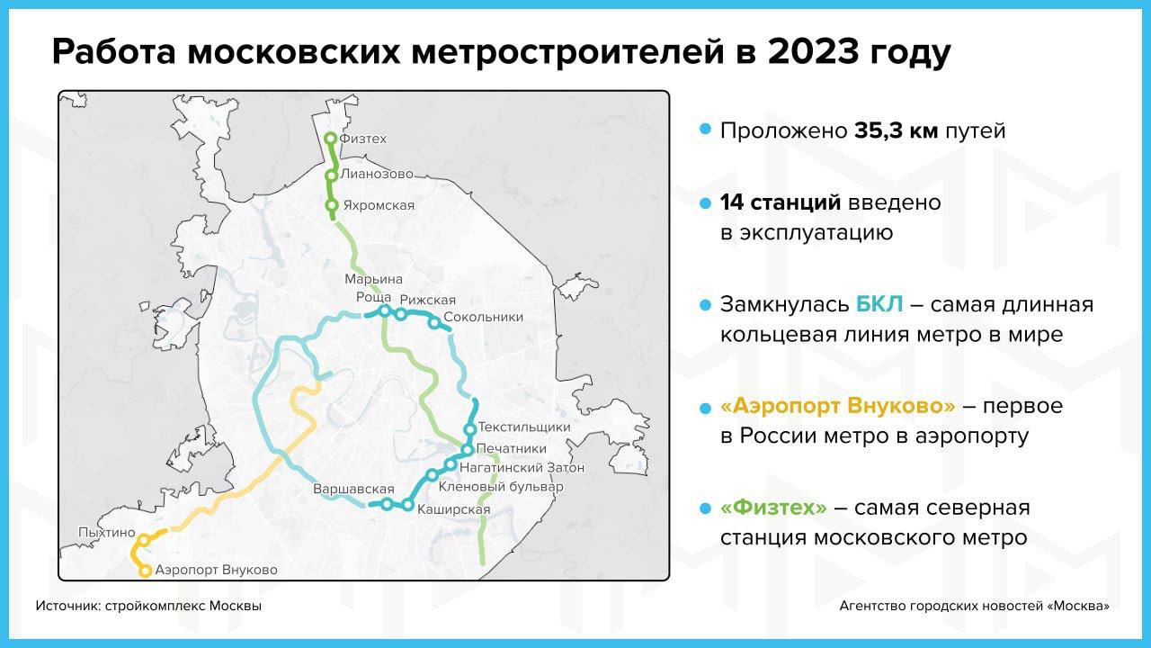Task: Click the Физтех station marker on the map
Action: [331, 139]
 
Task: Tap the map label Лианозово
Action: [377, 174]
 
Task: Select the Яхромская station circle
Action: [332, 205]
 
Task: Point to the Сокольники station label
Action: [483, 318]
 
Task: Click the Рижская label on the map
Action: [427, 300]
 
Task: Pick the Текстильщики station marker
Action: [469, 429]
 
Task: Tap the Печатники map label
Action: [512, 448]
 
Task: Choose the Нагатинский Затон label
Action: [522, 468]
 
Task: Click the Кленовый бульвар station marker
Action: [433, 474]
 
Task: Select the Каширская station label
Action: [454, 509]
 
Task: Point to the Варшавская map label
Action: [353, 489]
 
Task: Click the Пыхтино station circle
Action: [145, 540]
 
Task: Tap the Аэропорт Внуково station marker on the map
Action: [145, 571]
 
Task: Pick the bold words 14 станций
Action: [781, 202]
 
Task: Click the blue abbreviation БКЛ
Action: [879, 304]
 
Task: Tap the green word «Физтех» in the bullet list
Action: [774, 508]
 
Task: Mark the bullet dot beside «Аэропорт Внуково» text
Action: [706, 409]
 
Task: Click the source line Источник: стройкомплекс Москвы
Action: [148, 607]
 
